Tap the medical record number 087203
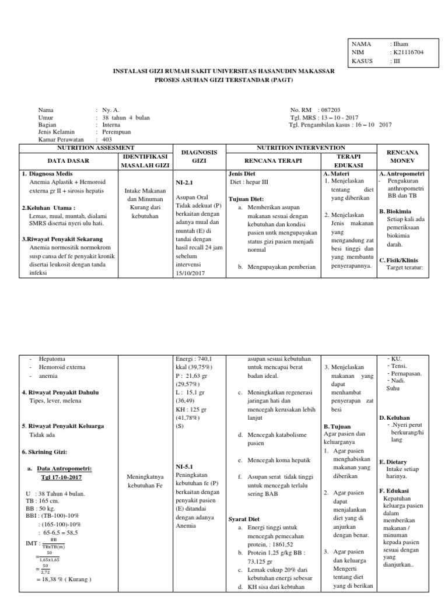click(x=330, y=110)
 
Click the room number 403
click(x=107, y=140)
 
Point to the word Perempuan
click(x=116, y=132)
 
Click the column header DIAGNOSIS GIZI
click(x=199, y=156)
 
